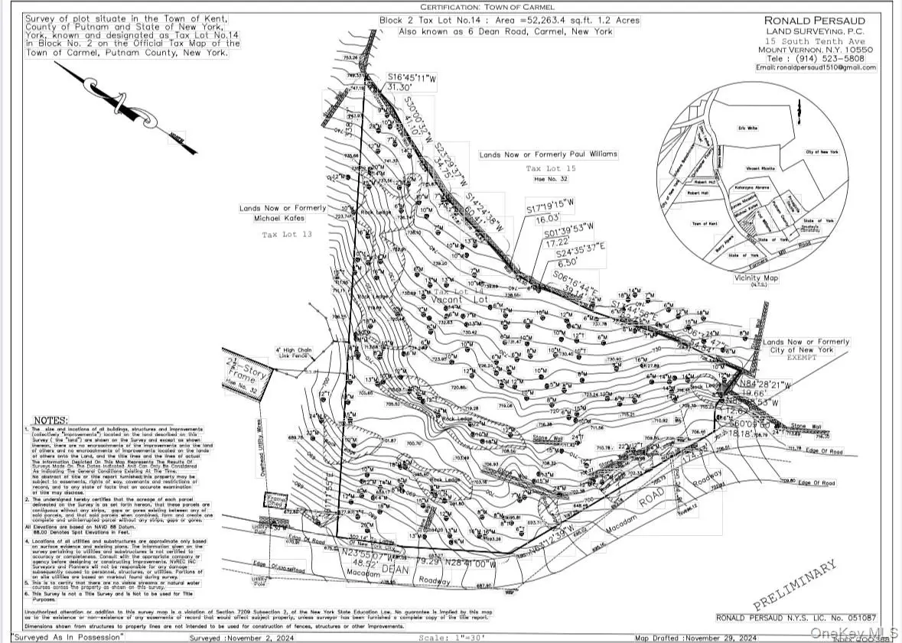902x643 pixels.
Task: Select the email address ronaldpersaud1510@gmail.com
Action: click(816, 68)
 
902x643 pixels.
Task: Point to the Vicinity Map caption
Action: click(757, 278)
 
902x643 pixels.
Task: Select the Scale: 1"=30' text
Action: click(451, 636)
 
